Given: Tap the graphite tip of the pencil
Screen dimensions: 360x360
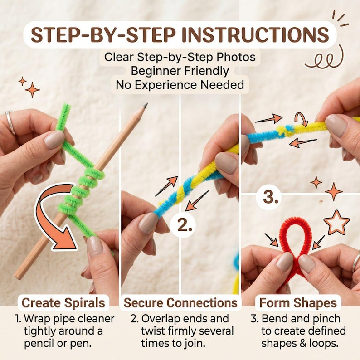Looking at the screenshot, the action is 145,105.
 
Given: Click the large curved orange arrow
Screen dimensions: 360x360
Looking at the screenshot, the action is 56,216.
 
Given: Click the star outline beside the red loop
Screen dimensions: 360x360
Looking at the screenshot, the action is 336,222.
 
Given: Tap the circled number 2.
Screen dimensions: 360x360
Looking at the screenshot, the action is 185,225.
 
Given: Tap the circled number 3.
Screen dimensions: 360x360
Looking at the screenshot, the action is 272,197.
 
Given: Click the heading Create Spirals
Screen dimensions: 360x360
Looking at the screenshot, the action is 63,302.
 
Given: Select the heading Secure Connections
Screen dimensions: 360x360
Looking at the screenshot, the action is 180,302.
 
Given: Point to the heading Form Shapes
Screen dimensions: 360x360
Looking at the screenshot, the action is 298,302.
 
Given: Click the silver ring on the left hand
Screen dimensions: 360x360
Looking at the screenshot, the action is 10,122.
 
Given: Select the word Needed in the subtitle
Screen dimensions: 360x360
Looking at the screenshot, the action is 222,85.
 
